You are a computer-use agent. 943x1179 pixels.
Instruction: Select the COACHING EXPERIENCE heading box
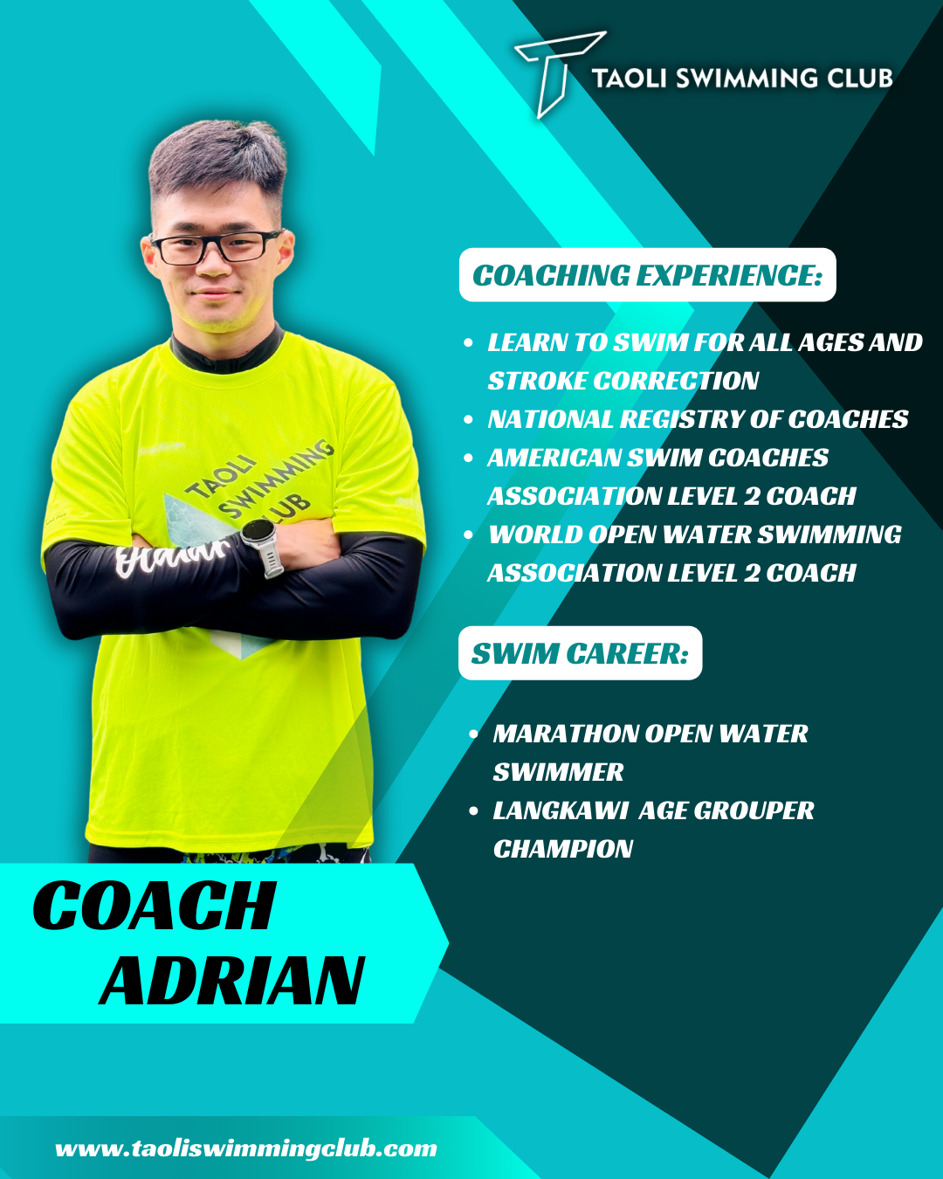point(647,275)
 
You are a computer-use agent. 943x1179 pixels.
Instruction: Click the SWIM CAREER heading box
point(581,653)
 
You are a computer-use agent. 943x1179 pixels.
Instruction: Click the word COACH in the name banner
point(155,906)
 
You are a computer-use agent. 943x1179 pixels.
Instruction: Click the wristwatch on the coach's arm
point(262,547)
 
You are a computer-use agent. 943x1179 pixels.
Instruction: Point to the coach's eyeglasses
point(216,248)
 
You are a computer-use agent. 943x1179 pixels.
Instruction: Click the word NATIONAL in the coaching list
point(549,420)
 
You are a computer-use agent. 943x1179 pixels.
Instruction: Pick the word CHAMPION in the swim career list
point(562,849)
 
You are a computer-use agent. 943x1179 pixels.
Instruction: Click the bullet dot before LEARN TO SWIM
point(468,343)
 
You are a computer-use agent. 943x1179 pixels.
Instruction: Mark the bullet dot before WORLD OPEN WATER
point(468,534)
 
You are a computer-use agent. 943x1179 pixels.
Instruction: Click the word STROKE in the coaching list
point(537,382)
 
